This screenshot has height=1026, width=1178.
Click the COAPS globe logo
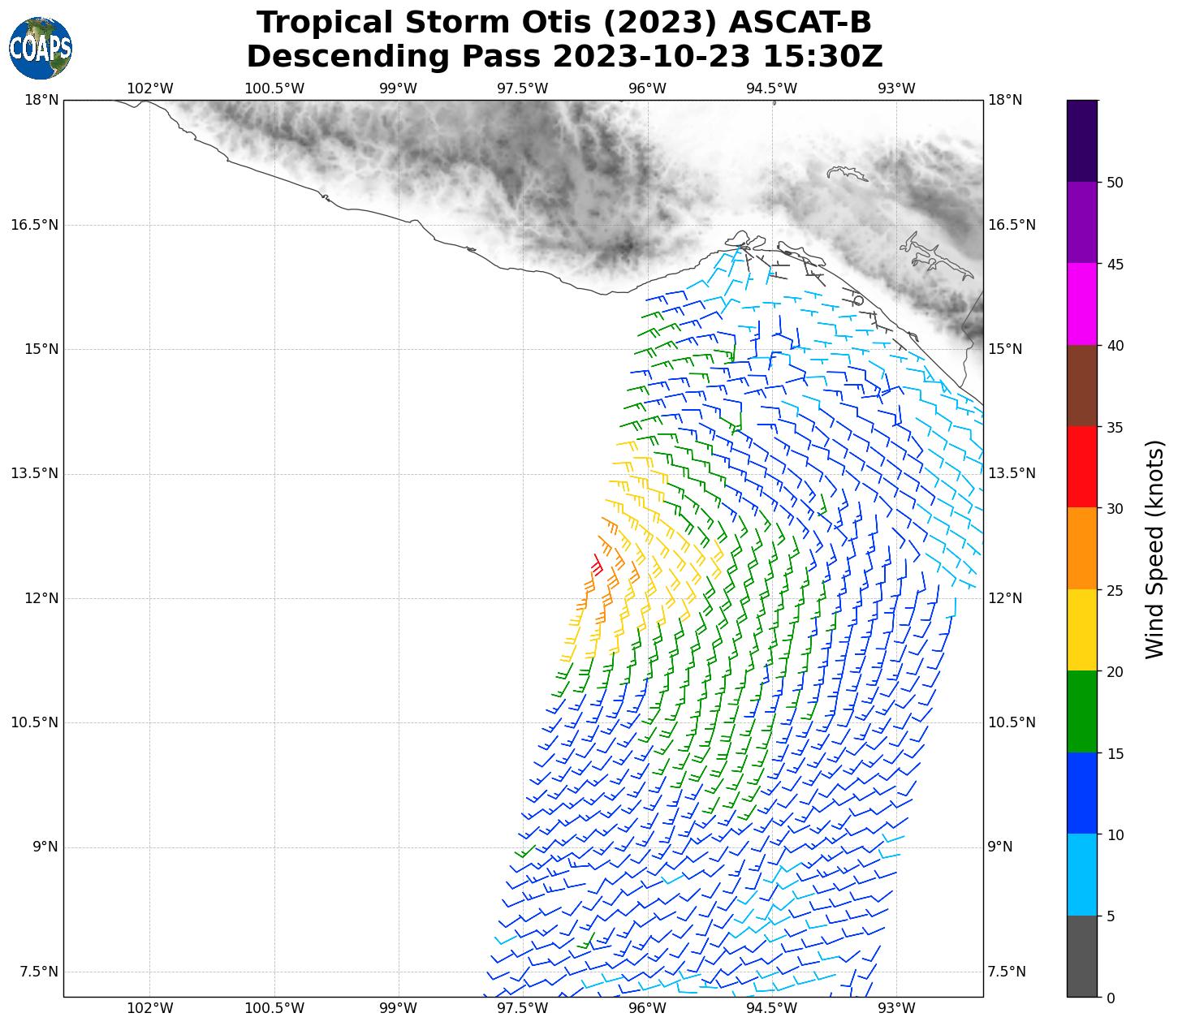coord(41,49)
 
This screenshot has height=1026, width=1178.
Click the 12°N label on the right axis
coord(1005,598)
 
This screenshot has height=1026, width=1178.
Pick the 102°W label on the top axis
coord(150,88)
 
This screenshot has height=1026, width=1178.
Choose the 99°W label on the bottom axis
coord(399,1008)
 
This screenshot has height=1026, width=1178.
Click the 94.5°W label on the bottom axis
coord(771,1008)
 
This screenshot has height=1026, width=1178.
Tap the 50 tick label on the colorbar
coord(1115,183)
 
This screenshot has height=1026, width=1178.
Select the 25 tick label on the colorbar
coord(1115,590)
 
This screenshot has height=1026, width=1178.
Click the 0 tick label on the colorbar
coord(1111,998)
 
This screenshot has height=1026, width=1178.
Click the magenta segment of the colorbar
coord(1081,304)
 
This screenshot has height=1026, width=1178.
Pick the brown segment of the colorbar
coord(1081,386)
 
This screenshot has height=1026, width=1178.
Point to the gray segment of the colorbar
coord(1081,956)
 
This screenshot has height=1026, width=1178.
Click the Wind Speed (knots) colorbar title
coord(1154,549)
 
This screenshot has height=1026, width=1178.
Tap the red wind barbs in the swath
coord(597,565)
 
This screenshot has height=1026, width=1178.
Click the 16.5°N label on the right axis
coord(1012,225)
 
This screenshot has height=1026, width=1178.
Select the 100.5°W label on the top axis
coord(274,88)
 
